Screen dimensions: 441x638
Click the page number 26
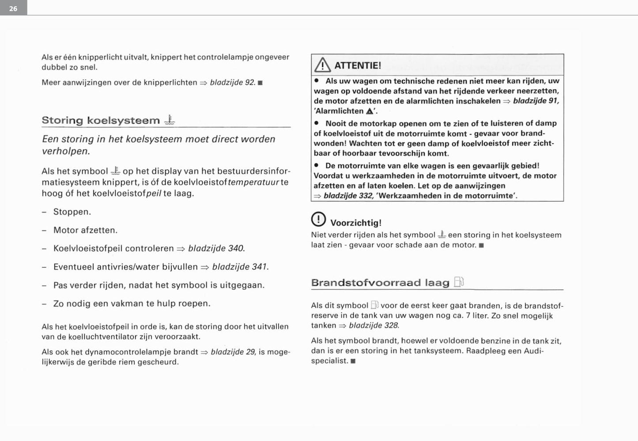pyautogui.click(x=13, y=8)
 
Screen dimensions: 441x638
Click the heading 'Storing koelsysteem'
pyautogui.click(x=101, y=120)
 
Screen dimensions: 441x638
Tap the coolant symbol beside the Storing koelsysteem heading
pyautogui.click(x=170, y=120)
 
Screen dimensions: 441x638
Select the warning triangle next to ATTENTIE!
pyautogui.click(x=323, y=65)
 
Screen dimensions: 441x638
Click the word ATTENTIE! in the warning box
pyautogui.click(x=358, y=65)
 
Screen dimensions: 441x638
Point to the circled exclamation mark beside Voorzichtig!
pyautogui.click(x=318, y=219)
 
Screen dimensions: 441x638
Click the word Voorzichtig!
pyautogui.click(x=356, y=223)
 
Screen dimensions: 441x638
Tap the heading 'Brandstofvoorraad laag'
pyautogui.click(x=380, y=282)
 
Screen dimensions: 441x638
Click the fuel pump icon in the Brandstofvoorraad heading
pyautogui.click(x=459, y=282)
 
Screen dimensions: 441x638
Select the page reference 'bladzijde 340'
pyautogui.click(x=216, y=248)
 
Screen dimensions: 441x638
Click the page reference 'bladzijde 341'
pyautogui.click(x=240, y=267)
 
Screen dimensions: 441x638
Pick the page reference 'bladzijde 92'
pyautogui.click(x=232, y=82)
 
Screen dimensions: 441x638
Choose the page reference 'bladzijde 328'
pyautogui.click(x=374, y=325)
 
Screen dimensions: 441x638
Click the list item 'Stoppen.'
pyautogui.click(x=72, y=212)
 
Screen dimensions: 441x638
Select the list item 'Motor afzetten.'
pyautogui.click(x=85, y=230)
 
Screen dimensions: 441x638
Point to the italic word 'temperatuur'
pyautogui.click(x=253, y=182)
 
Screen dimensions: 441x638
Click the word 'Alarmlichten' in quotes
pyautogui.click(x=340, y=111)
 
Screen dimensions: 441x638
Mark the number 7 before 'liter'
pyautogui.click(x=468, y=316)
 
